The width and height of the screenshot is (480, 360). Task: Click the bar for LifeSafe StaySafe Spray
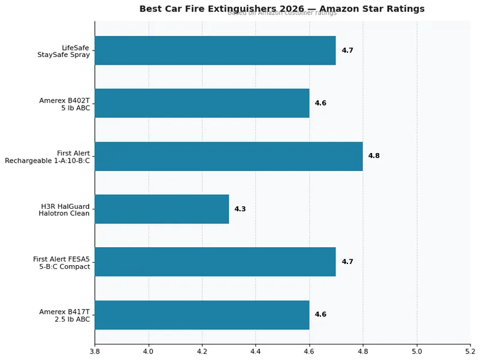pyautogui.click(x=215, y=50)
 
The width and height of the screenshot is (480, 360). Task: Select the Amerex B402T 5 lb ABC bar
pyautogui.click(x=202, y=103)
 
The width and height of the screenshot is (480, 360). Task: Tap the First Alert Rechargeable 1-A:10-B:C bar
pyautogui.click(x=229, y=156)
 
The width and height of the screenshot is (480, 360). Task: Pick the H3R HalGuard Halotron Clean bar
pyautogui.click(x=161, y=209)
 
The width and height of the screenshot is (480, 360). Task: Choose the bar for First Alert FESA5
pyautogui.click(x=215, y=262)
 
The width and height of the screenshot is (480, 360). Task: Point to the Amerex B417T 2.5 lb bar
pyautogui.click(x=202, y=314)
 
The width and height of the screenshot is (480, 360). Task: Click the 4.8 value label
pyautogui.click(x=374, y=156)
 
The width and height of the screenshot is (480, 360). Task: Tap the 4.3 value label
pyautogui.click(x=240, y=209)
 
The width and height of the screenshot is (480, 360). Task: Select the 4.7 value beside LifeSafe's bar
pyautogui.click(x=347, y=50)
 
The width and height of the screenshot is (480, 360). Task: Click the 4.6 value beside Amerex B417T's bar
pyautogui.click(x=320, y=314)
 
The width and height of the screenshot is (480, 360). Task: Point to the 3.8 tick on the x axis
pyautogui.click(x=95, y=350)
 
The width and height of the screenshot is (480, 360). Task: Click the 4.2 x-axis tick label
pyautogui.click(x=202, y=350)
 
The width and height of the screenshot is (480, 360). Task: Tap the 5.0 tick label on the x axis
pyautogui.click(x=416, y=350)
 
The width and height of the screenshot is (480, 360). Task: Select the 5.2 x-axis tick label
pyautogui.click(x=470, y=350)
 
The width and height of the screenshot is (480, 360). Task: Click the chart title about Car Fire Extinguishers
pyautogui.click(x=282, y=9)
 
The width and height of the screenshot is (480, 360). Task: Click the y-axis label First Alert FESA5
pyautogui.click(x=61, y=262)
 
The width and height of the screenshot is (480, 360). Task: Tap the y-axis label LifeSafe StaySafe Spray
pyautogui.click(x=64, y=50)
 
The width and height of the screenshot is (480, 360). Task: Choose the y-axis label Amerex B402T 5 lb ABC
pyautogui.click(x=64, y=103)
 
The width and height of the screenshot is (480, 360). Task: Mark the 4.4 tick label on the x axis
pyautogui.click(x=255, y=350)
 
